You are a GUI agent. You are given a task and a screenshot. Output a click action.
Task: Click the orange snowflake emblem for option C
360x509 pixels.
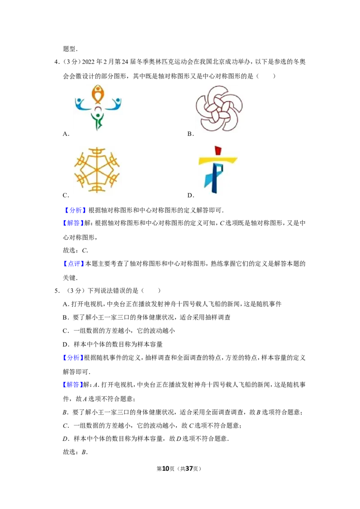[x=97, y=170]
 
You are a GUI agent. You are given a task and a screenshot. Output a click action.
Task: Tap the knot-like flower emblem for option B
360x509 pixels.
[x=219, y=108]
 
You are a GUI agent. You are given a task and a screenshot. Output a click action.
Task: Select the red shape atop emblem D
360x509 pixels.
[x=218, y=151]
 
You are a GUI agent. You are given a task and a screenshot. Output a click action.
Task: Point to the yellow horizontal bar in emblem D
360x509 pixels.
[x=218, y=160]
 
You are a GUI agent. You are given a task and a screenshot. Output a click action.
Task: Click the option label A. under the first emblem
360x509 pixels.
[x=66, y=134]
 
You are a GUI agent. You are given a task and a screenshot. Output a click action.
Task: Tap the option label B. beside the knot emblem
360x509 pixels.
[x=191, y=134]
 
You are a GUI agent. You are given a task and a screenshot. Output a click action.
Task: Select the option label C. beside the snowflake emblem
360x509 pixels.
[x=66, y=195]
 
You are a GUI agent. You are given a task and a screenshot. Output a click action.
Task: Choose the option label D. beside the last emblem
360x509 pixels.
[x=191, y=195]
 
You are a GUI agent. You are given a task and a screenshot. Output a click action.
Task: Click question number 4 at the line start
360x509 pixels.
[x=57, y=62]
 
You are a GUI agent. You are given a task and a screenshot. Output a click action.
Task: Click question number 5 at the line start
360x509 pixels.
[x=57, y=290]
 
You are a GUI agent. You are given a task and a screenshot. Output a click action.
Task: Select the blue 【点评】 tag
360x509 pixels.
[x=74, y=263]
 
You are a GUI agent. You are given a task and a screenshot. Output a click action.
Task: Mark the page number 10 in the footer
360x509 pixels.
[x=166, y=469]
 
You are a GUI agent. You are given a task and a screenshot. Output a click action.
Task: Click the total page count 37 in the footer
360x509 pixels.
[x=189, y=469]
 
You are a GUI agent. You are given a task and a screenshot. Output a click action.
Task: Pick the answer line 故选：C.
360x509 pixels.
[x=76, y=250]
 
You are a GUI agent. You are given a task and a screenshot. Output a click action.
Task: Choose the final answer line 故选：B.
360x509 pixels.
[x=76, y=452]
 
